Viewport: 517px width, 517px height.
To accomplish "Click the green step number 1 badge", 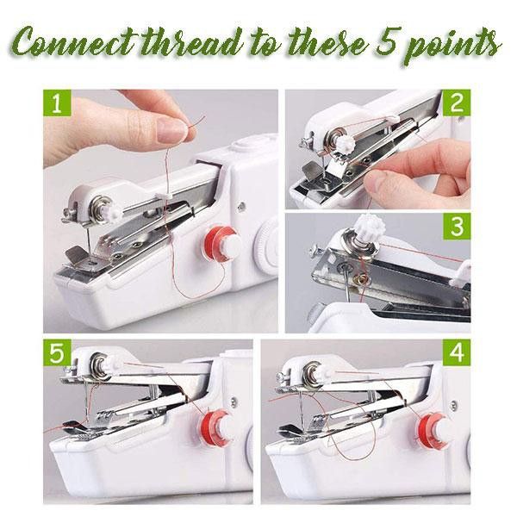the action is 58,103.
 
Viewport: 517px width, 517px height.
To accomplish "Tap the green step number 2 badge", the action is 457,103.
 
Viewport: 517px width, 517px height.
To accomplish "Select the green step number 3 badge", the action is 457,227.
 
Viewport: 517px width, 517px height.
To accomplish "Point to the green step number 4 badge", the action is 457,352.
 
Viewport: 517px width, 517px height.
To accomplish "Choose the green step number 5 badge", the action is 58,352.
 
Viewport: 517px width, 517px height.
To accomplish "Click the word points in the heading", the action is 452,47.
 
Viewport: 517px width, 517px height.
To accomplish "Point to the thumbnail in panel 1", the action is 171,130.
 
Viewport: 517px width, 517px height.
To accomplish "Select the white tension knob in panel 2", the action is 345,144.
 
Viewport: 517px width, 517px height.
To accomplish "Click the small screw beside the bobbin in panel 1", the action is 241,207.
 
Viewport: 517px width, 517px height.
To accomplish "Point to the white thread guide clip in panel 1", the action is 164,196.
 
